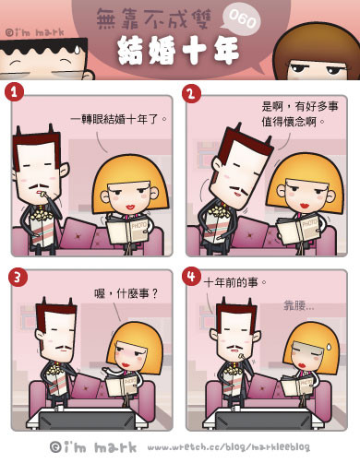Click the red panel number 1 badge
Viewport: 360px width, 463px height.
[x=14, y=92]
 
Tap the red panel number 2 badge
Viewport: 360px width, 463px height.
[x=191, y=94]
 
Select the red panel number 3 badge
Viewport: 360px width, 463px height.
[x=18, y=277]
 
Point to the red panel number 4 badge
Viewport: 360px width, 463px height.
[x=191, y=276]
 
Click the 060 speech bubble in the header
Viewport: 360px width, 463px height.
[x=242, y=20]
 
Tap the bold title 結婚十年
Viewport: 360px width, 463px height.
[x=178, y=50]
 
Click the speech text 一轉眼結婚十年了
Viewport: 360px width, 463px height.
[x=119, y=119]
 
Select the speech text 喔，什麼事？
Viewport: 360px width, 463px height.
[x=126, y=294]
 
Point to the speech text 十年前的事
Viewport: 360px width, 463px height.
[x=234, y=282]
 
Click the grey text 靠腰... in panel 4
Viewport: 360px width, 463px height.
[x=298, y=305]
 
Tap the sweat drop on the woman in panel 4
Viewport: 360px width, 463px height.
[x=329, y=346]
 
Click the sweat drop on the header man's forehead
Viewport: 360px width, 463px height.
[x=77, y=50]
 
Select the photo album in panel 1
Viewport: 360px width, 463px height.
[x=129, y=231]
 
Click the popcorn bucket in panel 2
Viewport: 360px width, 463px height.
[x=217, y=224]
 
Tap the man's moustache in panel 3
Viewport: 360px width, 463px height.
[x=64, y=347]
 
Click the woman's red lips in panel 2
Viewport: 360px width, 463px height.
[x=305, y=206]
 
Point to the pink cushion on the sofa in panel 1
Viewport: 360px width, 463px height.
[x=78, y=234]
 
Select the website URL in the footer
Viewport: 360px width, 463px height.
[x=228, y=447]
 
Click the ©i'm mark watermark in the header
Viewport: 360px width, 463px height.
[x=35, y=32]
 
